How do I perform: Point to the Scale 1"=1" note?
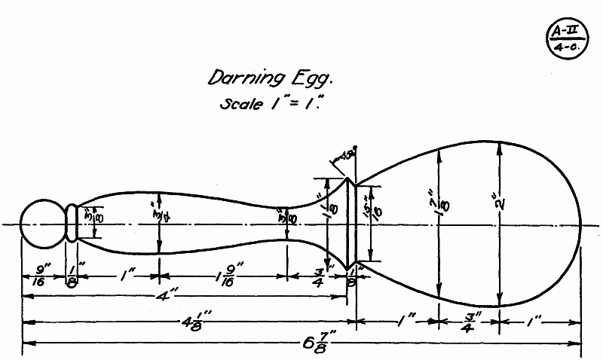270,102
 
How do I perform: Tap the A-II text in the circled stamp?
563,30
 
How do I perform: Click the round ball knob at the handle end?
41,224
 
